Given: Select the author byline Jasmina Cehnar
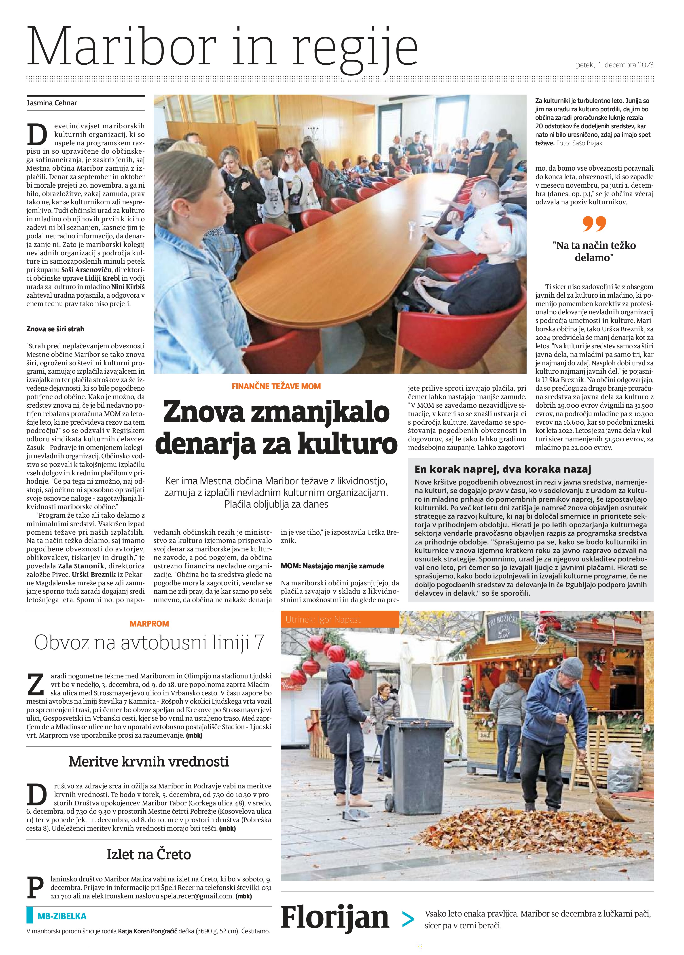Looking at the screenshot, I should (x=52, y=103).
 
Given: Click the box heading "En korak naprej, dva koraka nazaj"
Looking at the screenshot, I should (x=502, y=469).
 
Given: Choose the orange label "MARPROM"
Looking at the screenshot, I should (x=149, y=624).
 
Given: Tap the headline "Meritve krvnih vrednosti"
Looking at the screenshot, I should (x=149, y=761).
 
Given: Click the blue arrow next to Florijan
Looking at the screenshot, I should (x=407, y=919).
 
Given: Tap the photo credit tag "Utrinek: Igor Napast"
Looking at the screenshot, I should (x=323, y=619).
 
